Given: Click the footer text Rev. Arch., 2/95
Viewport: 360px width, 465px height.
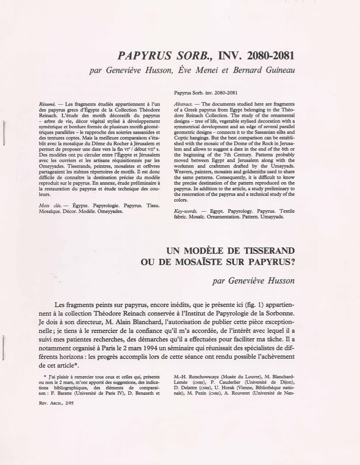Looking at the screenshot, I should click(57, 403).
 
